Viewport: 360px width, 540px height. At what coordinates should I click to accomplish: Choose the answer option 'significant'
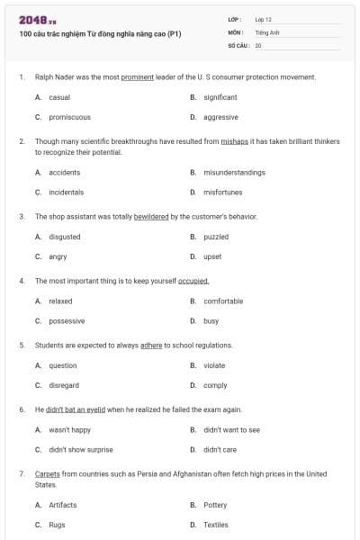click(x=220, y=97)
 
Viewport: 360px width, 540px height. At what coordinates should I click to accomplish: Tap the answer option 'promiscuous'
click(x=69, y=117)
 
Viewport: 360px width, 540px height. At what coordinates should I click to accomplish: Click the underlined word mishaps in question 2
click(x=234, y=141)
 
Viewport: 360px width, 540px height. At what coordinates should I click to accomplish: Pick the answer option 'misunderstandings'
click(x=234, y=172)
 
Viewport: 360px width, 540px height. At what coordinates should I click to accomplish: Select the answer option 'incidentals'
click(x=66, y=192)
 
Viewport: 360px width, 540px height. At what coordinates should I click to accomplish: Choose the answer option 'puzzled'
click(x=216, y=237)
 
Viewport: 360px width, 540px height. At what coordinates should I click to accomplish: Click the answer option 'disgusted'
click(x=65, y=237)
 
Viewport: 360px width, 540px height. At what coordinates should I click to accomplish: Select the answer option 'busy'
click(x=211, y=321)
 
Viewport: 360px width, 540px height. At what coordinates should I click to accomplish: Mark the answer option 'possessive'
click(x=67, y=321)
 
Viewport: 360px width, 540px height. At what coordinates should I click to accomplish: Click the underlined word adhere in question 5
click(x=151, y=345)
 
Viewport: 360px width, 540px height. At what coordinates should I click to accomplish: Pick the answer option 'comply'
click(x=215, y=385)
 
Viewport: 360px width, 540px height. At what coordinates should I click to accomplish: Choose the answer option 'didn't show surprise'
click(x=81, y=449)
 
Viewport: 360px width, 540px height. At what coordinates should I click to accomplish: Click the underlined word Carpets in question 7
click(x=47, y=473)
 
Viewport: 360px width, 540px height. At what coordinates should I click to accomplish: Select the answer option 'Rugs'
click(x=57, y=525)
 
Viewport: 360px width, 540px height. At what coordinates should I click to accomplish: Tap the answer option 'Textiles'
click(x=216, y=525)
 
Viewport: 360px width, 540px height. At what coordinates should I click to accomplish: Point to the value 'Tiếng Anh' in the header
click(x=266, y=31)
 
